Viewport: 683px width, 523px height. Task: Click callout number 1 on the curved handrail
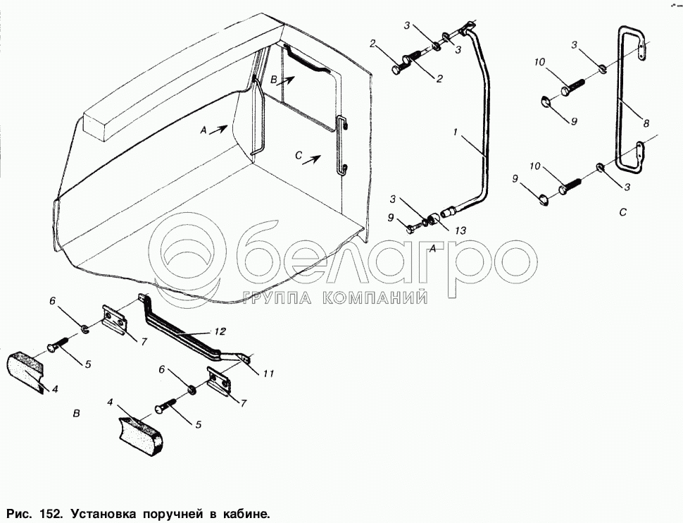click(x=456, y=132)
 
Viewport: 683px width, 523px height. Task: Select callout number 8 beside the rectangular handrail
click(x=646, y=123)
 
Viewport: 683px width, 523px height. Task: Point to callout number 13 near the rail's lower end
click(x=460, y=229)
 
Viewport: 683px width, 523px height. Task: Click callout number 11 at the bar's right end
click(x=268, y=373)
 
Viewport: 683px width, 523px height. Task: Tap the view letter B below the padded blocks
click(x=77, y=413)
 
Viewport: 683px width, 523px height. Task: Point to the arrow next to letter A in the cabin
click(x=221, y=128)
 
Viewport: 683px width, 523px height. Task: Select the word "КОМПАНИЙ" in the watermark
click(x=375, y=297)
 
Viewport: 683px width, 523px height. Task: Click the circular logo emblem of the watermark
click(x=189, y=252)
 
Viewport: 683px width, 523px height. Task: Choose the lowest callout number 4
click(x=110, y=402)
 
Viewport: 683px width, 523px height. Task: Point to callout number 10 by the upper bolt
click(x=539, y=62)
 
